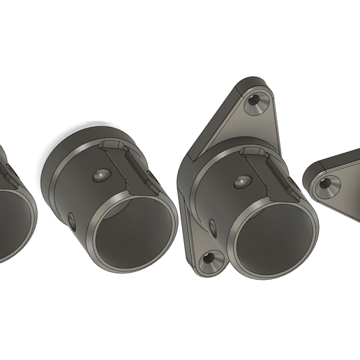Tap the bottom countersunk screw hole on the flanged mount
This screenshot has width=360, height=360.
click(x=208, y=262)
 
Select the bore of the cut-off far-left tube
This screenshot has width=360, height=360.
click(x=10, y=223)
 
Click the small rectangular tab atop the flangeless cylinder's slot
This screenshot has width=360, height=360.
click(x=112, y=144)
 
